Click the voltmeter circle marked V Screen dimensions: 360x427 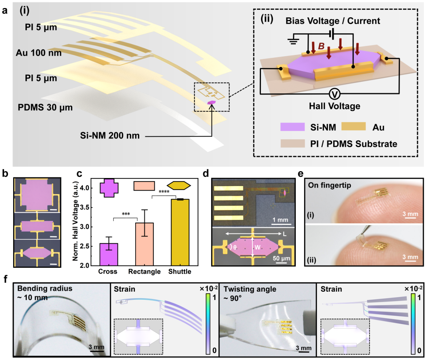(x=335, y=94)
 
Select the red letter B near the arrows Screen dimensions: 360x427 (x=321, y=46)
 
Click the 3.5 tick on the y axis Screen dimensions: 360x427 (x=88, y=207)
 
